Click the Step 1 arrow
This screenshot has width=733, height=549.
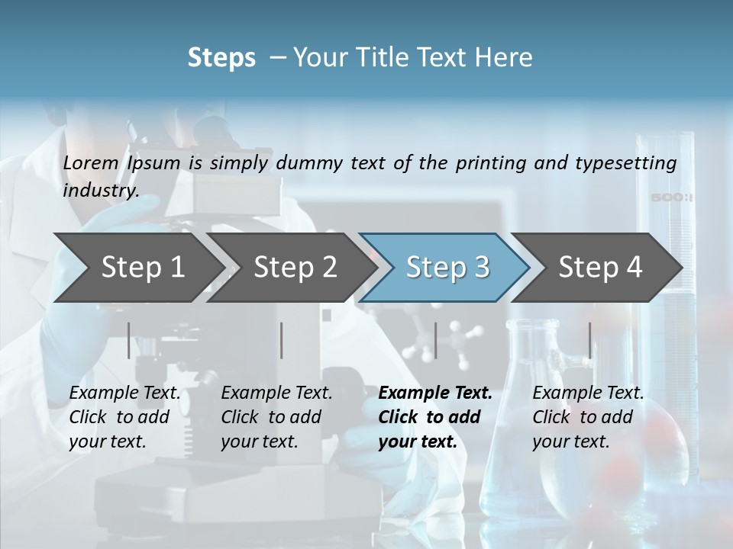click(x=137, y=267)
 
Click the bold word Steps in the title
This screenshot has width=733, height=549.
click(x=221, y=58)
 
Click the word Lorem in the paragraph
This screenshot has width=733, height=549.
click(x=91, y=162)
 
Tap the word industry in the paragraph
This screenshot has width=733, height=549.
click(x=100, y=190)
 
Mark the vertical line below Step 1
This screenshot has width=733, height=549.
click(x=129, y=340)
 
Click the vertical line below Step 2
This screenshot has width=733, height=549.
click(x=282, y=340)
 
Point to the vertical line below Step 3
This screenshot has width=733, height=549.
click(x=435, y=340)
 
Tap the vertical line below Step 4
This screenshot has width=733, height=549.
click(x=589, y=340)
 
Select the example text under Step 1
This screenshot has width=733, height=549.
click(x=124, y=417)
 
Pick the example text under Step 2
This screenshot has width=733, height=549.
click(x=276, y=417)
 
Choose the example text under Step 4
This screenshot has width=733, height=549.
click(x=587, y=417)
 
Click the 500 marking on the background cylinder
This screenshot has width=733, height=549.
click(x=671, y=198)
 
